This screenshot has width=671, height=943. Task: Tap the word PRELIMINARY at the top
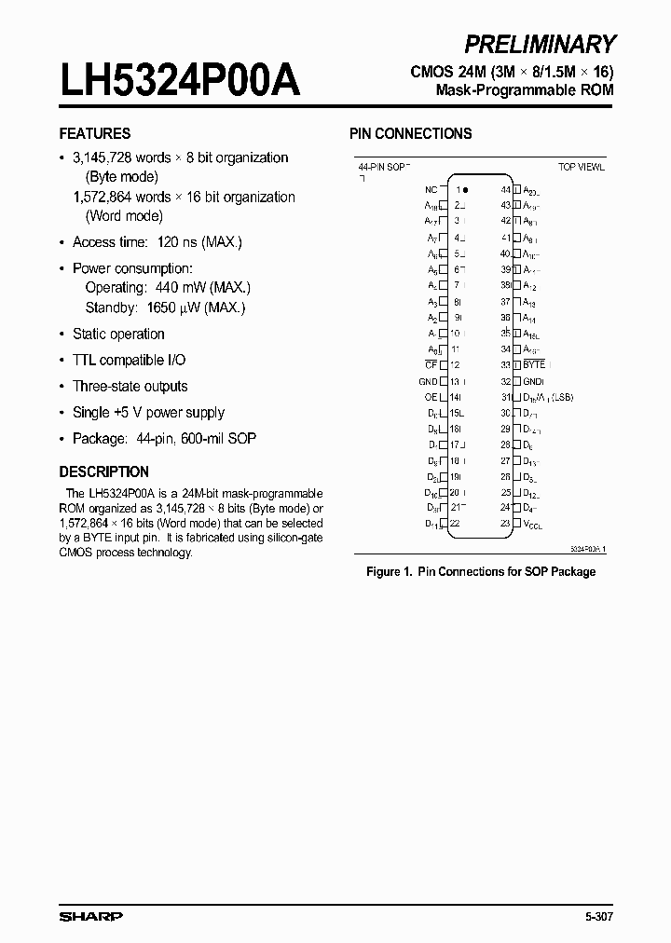pos(540,44)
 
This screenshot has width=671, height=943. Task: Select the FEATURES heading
pos(95,133)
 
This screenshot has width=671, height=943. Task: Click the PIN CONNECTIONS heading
pos(410,133)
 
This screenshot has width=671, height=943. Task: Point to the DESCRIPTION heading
pos(103,471)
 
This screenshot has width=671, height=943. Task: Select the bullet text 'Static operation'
pos(118,334)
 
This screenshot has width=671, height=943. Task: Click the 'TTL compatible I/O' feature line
pos(130,360)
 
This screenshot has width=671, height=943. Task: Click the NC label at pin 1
pos(431,188)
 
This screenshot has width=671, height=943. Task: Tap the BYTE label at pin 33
pos(534,364)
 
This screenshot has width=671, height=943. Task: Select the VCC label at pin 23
pos(532,525)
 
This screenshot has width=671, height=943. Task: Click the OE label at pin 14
pos(431,397)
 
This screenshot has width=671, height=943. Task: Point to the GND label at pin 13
pos(428,381)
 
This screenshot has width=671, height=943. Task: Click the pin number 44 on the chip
pos(505,188)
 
